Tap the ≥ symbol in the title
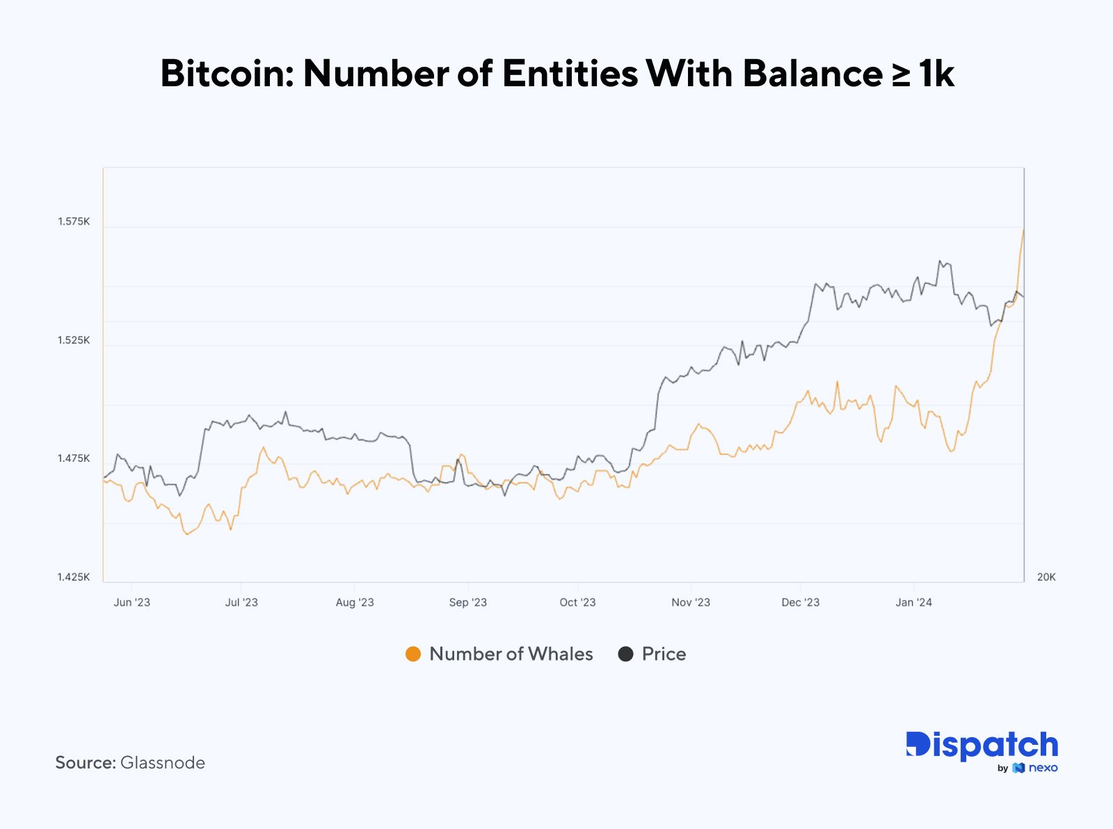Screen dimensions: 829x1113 click(901, 74)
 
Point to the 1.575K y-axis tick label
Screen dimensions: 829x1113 click(74, 222)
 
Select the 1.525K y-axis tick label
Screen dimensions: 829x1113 click(74, 340)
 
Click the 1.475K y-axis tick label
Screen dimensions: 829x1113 click(74, 458)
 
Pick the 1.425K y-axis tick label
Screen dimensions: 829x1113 click(74, 577)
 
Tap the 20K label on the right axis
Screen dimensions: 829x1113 click(1046, 577)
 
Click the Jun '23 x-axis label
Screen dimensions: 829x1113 click(131, 602)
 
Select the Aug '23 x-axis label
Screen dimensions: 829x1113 click(355, 602)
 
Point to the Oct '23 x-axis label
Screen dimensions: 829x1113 click(577, 602)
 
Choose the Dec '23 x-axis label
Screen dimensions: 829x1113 click(801, 602)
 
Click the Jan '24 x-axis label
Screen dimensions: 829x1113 click(913, 602)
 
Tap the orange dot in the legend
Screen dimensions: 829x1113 click(413, 654)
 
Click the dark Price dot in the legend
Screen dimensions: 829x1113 click(625, 654)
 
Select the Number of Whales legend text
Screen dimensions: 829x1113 click(511, 654)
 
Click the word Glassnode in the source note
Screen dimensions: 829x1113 click(163, 763)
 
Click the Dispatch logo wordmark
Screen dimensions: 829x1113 click(982, 746)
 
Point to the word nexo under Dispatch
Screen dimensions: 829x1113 click(1043, 768)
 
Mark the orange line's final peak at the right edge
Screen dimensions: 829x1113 click(1023, 230)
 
